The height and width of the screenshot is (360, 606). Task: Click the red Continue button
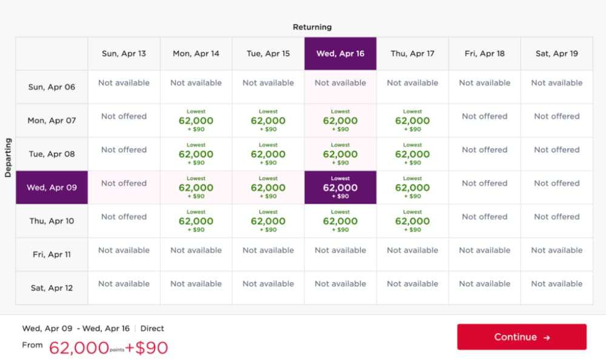tap(521, 337)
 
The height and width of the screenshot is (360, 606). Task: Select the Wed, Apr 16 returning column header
tap(341, 53)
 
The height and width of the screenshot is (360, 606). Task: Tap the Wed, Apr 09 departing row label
tap(52, 187)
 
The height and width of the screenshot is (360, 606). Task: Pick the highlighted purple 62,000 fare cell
tap(341, 187)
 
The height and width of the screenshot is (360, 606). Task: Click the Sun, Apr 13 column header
tap(124, 53)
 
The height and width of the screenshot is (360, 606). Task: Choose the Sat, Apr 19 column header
tap(556, 53)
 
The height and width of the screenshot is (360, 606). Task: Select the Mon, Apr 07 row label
tap(52, 120)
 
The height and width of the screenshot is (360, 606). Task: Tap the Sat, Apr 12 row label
tap(52, 288)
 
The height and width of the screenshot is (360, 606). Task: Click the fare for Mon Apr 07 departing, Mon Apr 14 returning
tap(196, 120)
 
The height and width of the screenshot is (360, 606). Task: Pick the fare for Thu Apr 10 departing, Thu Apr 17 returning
tap(412, 221)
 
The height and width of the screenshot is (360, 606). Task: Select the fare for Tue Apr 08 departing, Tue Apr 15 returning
tap(268, 154)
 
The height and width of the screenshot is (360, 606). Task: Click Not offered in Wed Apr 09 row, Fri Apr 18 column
tap(484, 183)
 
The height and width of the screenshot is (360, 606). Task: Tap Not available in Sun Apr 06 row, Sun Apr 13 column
tap(124, 82)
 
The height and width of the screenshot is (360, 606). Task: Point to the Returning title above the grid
tap(312, 27)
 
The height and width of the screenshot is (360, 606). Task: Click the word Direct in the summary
tap(152, 328)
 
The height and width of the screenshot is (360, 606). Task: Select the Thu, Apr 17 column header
tap(412, 53)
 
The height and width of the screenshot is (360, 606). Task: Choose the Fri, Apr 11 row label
tap(52, 255)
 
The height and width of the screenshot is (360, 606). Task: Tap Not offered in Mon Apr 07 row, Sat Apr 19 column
tap(556, 116)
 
